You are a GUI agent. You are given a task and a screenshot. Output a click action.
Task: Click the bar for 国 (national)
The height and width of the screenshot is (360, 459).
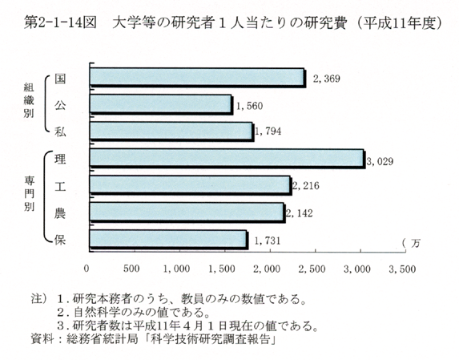pyautogui.click(x=198, y=78)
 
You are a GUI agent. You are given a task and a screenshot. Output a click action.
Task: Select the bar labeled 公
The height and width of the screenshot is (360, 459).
pyautogui.click(x=161, y=104)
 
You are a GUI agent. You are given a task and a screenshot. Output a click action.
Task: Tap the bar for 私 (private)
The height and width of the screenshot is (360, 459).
pyautogui.click(x=172, y=131)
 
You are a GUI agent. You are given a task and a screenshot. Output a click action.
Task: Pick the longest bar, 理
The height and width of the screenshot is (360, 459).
pyautogui.click(x=227, y=159)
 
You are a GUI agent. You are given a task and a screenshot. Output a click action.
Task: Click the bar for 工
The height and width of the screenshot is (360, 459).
pyautogui.click(x=191, y=186)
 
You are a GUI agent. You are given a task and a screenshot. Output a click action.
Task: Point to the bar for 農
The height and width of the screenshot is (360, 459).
pyautogui.click(x=187, y=212)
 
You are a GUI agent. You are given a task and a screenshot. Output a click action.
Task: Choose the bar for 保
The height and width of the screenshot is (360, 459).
pyautogui.click(x=169, y=240)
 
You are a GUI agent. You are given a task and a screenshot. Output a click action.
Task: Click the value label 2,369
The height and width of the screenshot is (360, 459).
pyautogui.click(x=326, y=79)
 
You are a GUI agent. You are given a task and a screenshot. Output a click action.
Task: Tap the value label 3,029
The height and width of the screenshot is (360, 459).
pyautogui.click(x=380, y=161)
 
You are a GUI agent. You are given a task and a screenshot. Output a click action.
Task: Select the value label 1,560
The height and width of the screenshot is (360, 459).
pyautogui.click(x=249, y=106)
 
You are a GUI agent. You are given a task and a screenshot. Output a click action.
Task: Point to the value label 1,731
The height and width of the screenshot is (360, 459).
pyautogui.click(x=268, y=241)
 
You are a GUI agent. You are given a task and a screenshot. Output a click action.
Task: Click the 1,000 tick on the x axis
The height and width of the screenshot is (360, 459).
pyautogui.click(x=176, y=269)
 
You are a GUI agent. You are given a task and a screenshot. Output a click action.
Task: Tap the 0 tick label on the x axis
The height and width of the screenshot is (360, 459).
pyautogui.click(x=87, y=269)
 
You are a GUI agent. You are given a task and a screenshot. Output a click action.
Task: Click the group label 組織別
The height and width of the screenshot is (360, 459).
pyautogui.click(x=29, y=100)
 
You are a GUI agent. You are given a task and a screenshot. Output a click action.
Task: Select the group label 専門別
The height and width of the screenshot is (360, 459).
pyautogui.click(x=29, y=193)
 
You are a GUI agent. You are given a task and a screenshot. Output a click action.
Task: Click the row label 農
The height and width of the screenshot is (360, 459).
pyautogui.click(x=60, y=213)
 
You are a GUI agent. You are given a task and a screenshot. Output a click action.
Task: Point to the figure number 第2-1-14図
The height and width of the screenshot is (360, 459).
pyautogui.click(x=60, y=23)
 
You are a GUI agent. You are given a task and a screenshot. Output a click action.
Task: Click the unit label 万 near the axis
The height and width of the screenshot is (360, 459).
pyautogui.click(x=416, y=243)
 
